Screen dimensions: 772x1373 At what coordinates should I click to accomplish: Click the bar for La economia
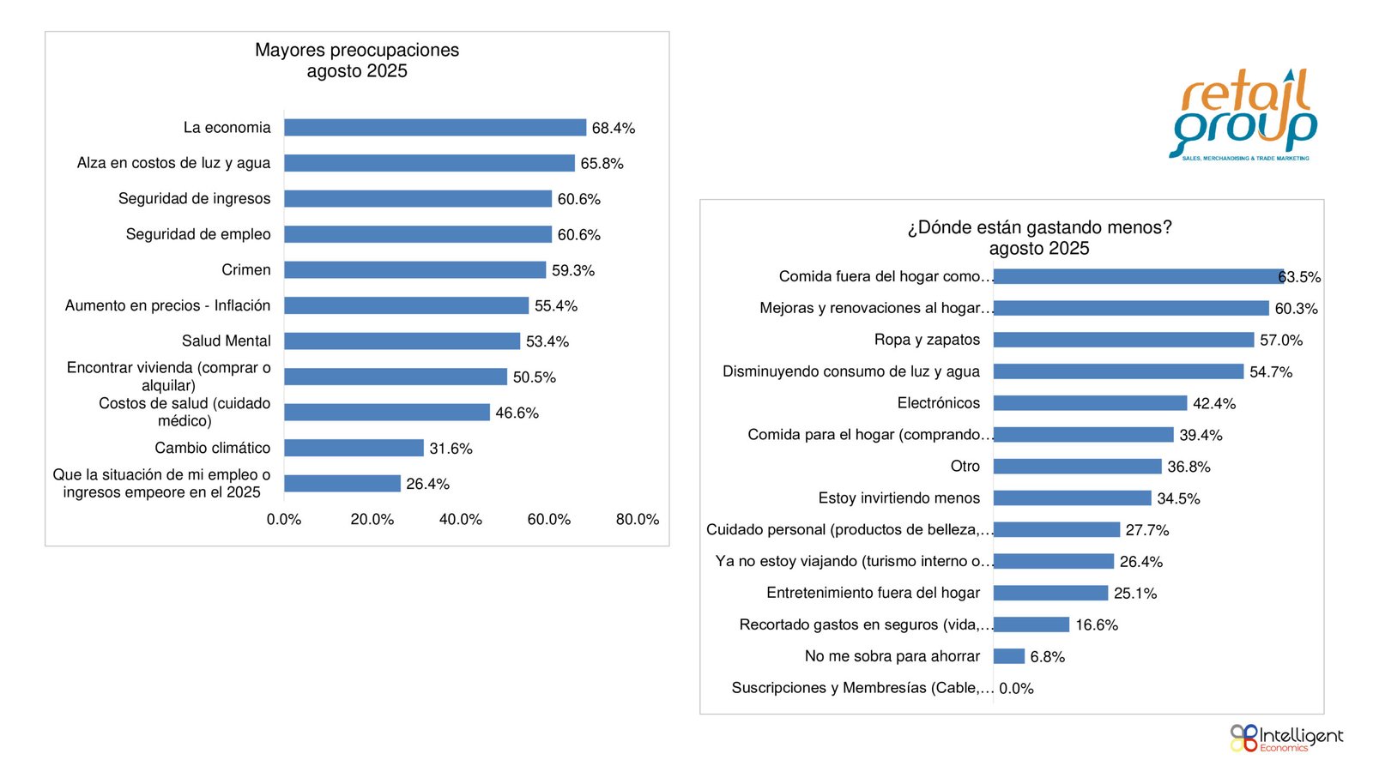tap(435, 128)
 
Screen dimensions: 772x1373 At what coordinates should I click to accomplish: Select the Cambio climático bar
tap(354, 448)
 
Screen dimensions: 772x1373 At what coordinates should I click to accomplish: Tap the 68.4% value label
tap(614, 129)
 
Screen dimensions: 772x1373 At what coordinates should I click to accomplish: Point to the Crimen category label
tap(246, 270)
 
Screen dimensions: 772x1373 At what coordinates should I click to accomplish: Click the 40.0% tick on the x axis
tap(461, 520)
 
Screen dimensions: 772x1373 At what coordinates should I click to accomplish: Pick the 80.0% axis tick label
tap(638, 520)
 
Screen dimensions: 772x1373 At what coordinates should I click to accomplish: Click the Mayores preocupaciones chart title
tap(357, 61)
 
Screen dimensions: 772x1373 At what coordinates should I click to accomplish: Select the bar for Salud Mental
tap(402, 341)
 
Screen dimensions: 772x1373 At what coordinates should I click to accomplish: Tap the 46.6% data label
tap(517, 413)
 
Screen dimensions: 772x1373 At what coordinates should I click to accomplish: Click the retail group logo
tap(1244, 116)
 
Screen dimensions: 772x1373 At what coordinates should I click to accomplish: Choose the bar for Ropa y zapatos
tap(1123, 341)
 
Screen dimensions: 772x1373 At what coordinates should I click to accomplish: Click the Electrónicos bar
tap(1090, 403)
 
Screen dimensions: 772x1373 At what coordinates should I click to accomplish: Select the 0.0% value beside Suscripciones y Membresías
tap(1017, 689)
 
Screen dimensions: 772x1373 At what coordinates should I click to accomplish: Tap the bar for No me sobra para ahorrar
tap(1009, 657)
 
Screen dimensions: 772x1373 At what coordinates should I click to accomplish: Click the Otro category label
tap(965, 467)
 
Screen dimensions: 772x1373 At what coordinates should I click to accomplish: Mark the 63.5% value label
tap(1300, 277)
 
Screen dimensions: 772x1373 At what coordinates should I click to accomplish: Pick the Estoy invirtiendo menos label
tap(898, 498)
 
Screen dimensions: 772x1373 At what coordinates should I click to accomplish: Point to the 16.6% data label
tap(1097, 625)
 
